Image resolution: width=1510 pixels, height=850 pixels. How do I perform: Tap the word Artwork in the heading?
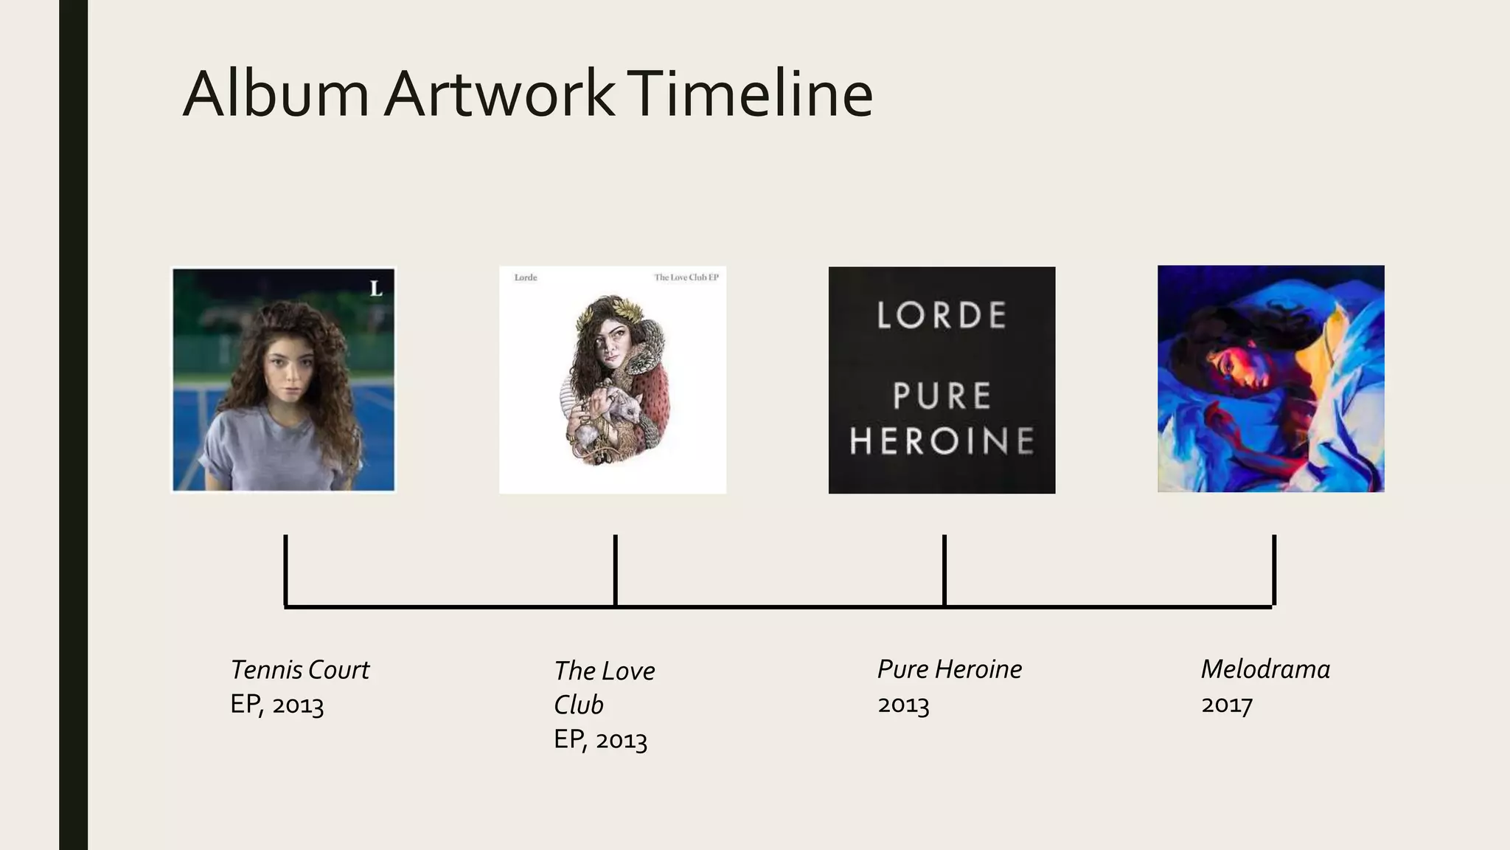(x=499, y=94)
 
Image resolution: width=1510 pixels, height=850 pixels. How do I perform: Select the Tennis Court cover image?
(x=284, y=379)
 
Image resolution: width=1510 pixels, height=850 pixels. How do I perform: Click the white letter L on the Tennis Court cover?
(x=376, y=288)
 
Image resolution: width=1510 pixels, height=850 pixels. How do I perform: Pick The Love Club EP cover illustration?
(x=613, y=379)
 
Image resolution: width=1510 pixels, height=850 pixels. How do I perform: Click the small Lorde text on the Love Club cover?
(x=526, y=277)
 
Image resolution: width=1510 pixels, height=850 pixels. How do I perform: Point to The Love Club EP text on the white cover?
(x=686, y=277)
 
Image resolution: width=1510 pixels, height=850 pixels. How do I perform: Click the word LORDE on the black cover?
(x=942, y=316)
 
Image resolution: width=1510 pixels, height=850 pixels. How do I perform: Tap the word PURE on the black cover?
(x=942, y=396)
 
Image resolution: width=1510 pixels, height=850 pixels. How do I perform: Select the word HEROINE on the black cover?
(x=942, y=441)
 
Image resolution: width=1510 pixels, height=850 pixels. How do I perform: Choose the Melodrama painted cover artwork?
(x=1270, y=379)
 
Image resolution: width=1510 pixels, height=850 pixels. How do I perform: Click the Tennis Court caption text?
(x=299, y=670)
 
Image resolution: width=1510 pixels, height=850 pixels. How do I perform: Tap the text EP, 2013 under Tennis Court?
(x=277, y=705)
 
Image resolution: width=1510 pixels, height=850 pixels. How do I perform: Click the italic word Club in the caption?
(x=578, y=705)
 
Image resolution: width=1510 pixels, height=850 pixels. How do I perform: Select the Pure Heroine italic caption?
(x=950, y=669)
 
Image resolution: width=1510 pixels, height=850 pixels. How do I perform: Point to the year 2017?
(x=1227, y=705)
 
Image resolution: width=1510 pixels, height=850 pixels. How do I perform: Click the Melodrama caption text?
(x=1265, y=669)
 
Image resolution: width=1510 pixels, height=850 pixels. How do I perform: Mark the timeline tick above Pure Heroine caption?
(x=944, y=570)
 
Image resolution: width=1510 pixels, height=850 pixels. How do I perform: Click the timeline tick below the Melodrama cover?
(x=1274, y=570)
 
